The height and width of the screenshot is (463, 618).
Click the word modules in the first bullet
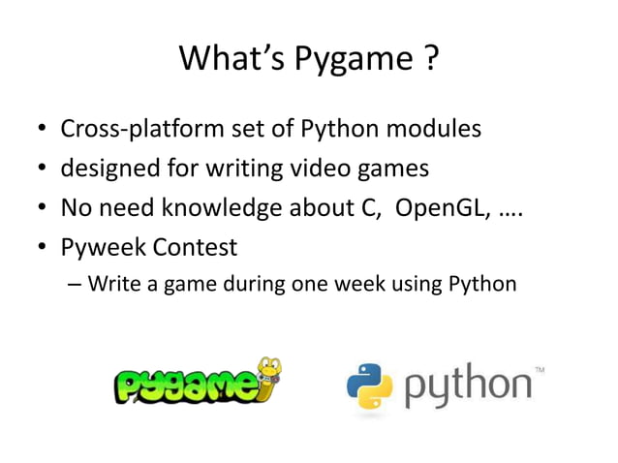coord(433,129)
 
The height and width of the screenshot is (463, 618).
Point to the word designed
coord(108,170)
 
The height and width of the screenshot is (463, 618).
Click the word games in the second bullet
coord(392,170)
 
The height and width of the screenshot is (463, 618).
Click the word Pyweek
coord(106,248)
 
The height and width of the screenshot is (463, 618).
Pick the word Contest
coord(196,247)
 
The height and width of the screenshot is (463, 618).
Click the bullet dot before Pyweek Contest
coord(44,249)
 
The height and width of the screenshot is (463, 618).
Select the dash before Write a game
coord(76,286)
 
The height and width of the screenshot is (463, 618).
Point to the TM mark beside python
coord(540,370)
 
